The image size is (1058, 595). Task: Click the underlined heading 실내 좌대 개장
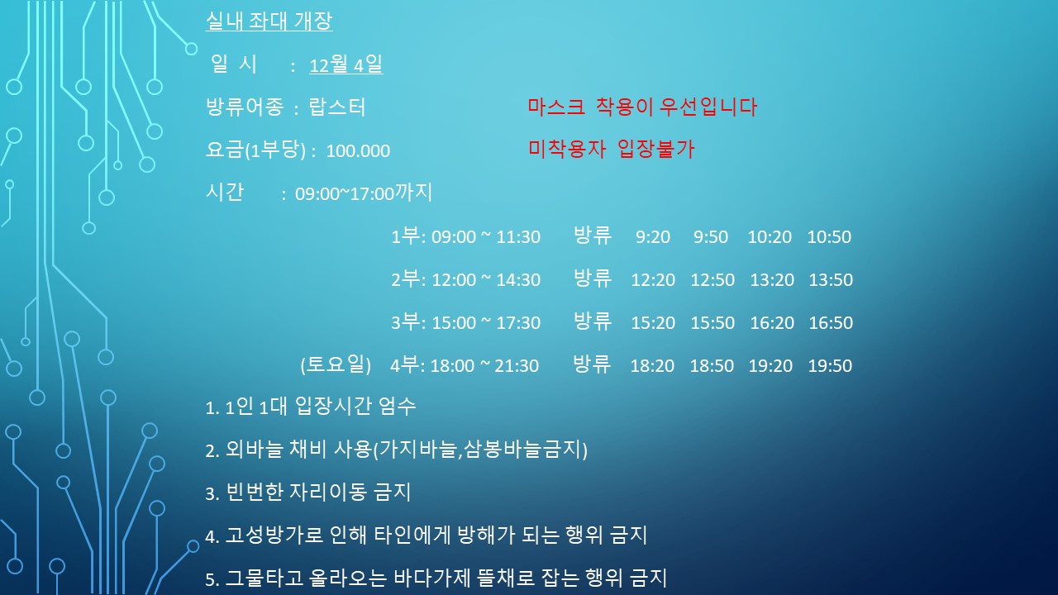[x=269, y=21]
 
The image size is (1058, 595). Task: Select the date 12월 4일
[x=346, y=64]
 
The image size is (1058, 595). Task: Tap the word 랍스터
[x=336, y=107]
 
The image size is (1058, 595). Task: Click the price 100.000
[x=358, y=151]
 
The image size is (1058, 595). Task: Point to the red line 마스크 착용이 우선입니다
[x=642, y=107]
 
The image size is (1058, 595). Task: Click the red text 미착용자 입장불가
[x=611, y=150]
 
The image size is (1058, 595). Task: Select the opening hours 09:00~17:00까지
[x=364, y=193]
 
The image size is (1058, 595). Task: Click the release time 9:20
[x=653, y=237]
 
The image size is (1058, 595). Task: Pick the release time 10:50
[x=829, y=237]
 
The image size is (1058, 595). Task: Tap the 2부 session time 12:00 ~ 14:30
[x=486, y=280]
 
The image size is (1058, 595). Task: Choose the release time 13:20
[x=772, y=280]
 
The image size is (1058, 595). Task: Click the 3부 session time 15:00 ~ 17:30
[x=486, y=323]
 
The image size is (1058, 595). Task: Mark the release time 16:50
[x=831, y=323]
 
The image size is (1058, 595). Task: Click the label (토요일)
[x=336, y=364]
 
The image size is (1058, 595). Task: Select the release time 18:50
[x=712, y=366]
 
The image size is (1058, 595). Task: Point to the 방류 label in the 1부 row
[x=593, y=236]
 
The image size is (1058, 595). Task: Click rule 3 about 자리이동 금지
[x=308, y=492]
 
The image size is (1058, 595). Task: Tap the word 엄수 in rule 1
[x=398, y=406]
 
